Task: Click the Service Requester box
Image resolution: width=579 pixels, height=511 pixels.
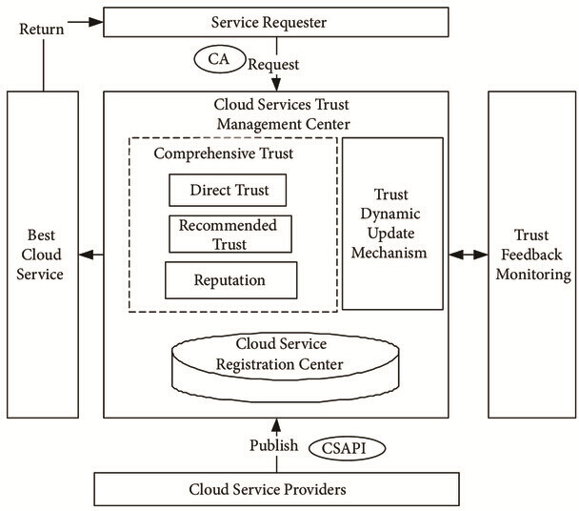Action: [x=276, y=22]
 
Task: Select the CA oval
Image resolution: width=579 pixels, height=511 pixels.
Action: [x=220, y=59]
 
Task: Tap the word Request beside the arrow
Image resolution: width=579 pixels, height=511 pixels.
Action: [x=273, y=65]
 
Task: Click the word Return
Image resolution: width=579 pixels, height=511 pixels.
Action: [x=41, y=30]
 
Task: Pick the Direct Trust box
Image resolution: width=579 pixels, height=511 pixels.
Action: [x=228, y=190]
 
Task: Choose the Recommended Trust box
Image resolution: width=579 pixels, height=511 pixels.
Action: [x=230, y=235]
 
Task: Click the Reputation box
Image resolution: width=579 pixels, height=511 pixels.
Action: [x=230, y=280]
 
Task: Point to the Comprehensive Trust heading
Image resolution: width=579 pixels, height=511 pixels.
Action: [x=224, y=153]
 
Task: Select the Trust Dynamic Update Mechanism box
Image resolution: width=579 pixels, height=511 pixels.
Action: [x=392, y=223]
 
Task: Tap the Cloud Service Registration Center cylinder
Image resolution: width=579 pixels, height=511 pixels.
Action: [x=286, y=366]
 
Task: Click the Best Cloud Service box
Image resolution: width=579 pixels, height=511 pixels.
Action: [x=43, y=255]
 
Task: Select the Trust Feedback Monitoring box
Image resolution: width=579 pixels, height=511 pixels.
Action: [x=532, y=255]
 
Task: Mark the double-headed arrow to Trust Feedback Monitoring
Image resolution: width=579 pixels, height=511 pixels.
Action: [x=469, y=255]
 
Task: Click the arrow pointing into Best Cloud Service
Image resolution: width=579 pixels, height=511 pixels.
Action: [x=91, y=255]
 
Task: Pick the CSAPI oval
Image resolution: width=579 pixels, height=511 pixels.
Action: [x=347, y=448]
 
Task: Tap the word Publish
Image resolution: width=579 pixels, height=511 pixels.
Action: [x=273, y=445]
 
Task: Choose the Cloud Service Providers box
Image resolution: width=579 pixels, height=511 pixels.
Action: [x=276, y=489]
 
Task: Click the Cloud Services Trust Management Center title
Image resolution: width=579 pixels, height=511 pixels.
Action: [x=283, y=114]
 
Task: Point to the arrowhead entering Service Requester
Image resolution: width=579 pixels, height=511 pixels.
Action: [x=96, y=22]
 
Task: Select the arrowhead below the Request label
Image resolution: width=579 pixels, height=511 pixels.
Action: [x=276, y=84]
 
